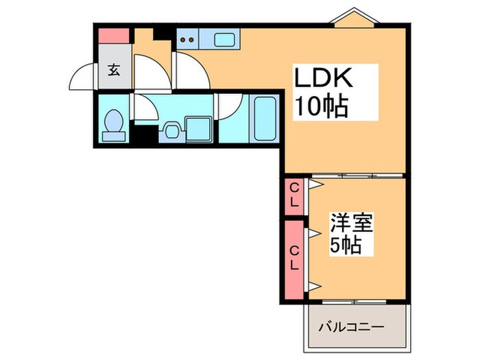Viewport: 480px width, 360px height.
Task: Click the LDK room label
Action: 323,79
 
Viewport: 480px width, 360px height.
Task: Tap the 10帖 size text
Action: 321,106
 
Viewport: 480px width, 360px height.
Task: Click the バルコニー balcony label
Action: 350,326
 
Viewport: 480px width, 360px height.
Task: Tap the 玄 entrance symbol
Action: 113,69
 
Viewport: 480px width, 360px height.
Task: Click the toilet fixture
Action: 112,125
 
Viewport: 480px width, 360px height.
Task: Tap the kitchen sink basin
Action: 224,39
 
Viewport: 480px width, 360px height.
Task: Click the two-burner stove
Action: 187,40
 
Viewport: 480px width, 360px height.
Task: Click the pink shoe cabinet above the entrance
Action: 113,35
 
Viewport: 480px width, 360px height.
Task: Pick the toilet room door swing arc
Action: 145,107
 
